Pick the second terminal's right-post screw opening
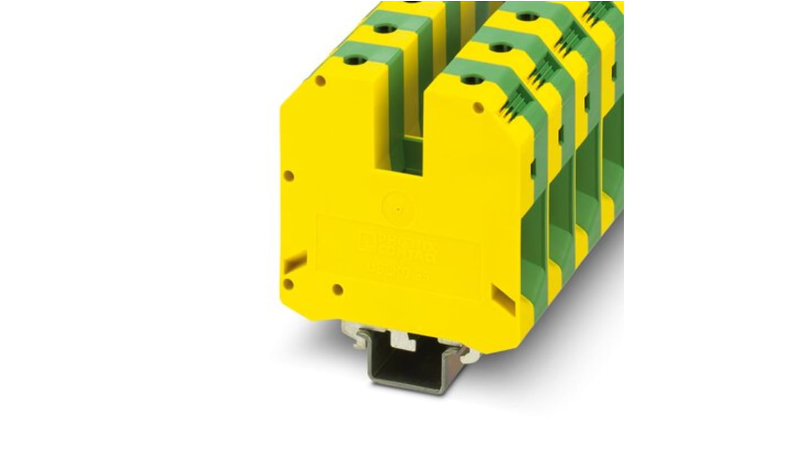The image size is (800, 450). click(x=500, y=48)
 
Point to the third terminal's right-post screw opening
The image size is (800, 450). click(x=527, y=17)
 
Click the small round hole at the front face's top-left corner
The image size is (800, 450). click(x=320, y=81)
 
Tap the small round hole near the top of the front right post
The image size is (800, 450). click(x=478, y=107)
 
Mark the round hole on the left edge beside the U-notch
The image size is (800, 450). click(x=288, y=176)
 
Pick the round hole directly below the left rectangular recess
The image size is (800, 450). click(x=288, y=284)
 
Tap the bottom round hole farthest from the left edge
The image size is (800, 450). click(x=337, y=290)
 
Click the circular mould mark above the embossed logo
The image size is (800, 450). click(x=398, y=208)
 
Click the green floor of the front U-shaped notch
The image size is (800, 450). click(x=405, y=152)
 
